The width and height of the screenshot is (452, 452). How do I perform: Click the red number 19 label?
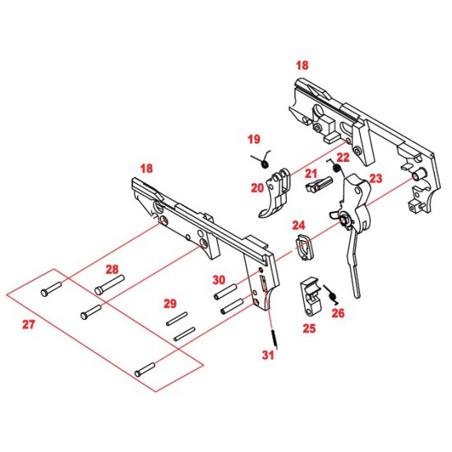point(254,140)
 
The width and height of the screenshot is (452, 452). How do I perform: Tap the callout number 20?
point(257,188)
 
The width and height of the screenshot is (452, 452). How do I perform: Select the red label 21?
point(311,173)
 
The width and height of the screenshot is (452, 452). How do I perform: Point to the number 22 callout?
point(343,158)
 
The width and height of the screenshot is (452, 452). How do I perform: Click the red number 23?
point(376,178)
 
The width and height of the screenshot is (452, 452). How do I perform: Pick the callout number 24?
point(298,225)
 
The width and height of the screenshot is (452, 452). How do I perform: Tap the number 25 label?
point(309,329)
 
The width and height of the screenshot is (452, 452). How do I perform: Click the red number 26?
point(338,313)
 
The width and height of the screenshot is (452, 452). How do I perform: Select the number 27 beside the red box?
point(29,325)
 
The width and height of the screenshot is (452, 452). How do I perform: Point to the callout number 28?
point(112,270)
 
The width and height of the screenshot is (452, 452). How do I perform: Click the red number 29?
point(170,303)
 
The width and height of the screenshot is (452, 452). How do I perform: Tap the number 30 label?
point(219,280)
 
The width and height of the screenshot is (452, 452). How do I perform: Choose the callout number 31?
point(268,355)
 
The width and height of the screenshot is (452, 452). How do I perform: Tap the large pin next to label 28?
point(109,285)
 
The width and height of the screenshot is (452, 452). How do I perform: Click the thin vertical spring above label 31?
point(274,339)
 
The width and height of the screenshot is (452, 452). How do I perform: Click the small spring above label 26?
point(331,294)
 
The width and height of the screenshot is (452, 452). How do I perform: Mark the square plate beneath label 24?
point(303,247)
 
